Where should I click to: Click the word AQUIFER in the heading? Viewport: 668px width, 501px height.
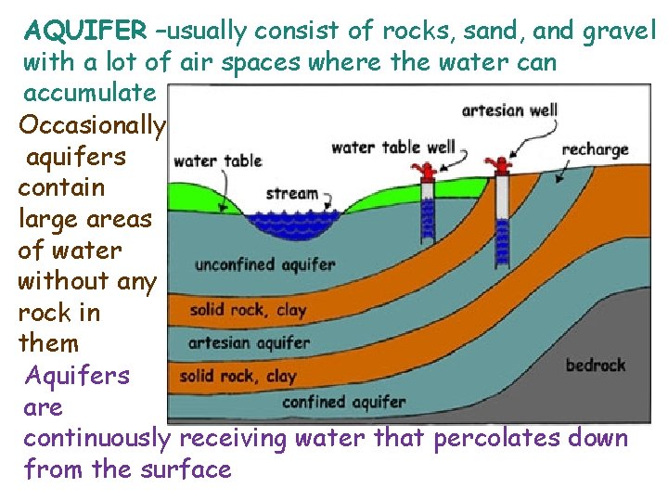click(x=84, y=31)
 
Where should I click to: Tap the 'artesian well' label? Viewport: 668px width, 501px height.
click(x=509, y=110)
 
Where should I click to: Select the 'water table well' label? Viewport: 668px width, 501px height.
click(x=392, y=148)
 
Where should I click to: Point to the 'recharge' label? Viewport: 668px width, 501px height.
click(x=595, y=148)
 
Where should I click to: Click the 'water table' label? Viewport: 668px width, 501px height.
click(x=217, y=161)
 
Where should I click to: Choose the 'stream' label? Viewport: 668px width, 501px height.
click(x=291, y=194)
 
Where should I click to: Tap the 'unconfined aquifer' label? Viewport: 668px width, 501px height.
click(x=264, y=264)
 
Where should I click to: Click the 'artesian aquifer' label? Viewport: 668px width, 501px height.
click(x=249, y=342)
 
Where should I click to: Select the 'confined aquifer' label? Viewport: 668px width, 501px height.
click(x=343, y=402)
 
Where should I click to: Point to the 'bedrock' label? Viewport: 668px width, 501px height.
click(x=596, y=365)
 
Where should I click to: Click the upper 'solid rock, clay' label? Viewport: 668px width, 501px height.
click(x=248, y=310)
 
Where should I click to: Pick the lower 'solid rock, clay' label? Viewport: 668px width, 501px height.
click(x=238, y=376)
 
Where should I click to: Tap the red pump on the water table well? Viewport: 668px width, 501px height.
click(x=428, y=172)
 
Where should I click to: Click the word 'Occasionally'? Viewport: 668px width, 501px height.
click(x=92, y=124)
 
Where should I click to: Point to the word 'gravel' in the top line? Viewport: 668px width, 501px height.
click(x=620, y=31)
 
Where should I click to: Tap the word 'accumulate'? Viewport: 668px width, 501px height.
click(x=89, y=93)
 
